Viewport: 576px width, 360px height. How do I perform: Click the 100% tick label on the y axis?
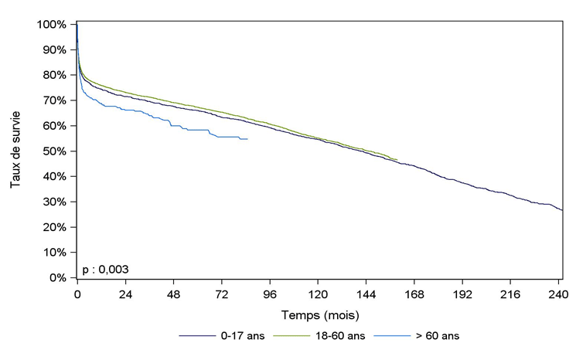pyautogui.click(x=52, y=25)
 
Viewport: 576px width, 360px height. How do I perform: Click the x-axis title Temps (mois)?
pyautogui.click(x=319, y=316)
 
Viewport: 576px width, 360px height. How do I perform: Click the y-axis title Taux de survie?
pyautogui.click(x=16, y=151)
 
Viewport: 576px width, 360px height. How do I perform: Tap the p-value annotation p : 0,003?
pyautogui.click(x=105, y=269)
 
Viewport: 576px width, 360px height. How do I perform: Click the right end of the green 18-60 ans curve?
pyautogui.click(x=397, y=160)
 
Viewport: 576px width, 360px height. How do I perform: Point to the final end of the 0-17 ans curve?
pyautogui.click(x=562, y=210)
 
